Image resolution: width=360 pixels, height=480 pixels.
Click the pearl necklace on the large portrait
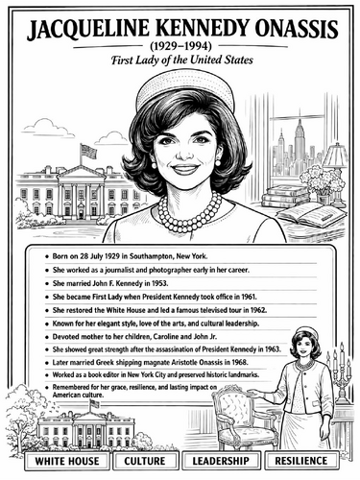189,210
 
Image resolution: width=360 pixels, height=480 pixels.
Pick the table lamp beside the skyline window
335,161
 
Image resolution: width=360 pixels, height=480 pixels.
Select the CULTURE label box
146,462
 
